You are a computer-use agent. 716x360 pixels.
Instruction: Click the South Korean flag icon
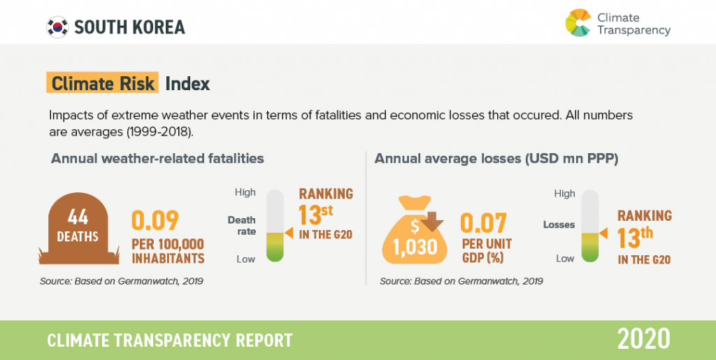[x=57, y=27]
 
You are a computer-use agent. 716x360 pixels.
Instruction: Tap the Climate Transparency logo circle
[x=578, y=22]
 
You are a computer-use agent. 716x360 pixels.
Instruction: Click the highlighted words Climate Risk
[x=103, y=83]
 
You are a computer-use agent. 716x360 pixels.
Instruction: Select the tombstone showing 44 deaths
[x=79, y=228]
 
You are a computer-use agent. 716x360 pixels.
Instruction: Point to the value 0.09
[x=155, y=221]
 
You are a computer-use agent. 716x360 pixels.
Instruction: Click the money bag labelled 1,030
[x=415, y=231]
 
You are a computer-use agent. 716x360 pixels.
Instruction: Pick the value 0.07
[x=484, y=223]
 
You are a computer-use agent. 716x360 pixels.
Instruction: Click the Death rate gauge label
[x=242, y=226]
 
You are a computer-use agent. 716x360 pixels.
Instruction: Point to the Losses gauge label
[x=559, y=225]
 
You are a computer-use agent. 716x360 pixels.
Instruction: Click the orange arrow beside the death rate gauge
[x=289, y=233]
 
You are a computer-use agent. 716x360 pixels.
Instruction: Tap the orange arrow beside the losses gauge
[x=603, y=233]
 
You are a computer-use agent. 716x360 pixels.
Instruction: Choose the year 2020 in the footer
[x=644, y=340]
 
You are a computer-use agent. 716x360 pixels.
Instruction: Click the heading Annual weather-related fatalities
[x=157, y=159]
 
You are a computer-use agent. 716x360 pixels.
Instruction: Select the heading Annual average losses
[x=496, y=159]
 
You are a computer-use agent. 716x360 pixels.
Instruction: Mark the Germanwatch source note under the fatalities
[x=122, y=281]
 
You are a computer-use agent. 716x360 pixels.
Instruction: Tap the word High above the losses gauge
[x=565, y=194]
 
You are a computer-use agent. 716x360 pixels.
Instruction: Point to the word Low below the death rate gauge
[x=245, y=259]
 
